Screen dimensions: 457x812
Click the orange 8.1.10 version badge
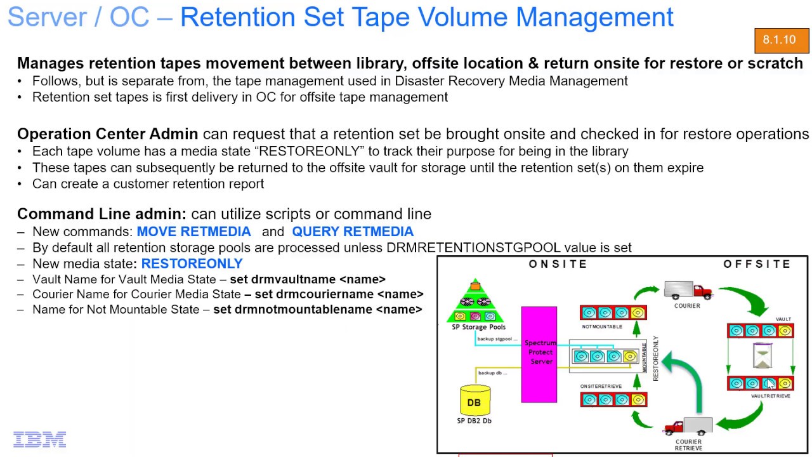[782, 41]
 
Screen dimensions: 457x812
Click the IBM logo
[39, 439]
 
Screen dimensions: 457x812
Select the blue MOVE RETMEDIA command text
[193, 232]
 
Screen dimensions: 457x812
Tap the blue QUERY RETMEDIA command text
[353, 232]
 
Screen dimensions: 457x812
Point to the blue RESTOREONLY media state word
[192, 263]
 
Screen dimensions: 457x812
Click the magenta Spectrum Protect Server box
[539, 354]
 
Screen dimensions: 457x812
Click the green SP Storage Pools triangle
[476, 303]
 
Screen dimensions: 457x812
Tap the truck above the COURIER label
[688, 291]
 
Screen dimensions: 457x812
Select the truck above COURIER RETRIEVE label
[688, 427]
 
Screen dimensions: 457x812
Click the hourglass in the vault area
[761, 356]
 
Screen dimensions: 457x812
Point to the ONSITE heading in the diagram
[558, 264]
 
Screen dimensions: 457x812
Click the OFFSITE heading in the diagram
[757, 264]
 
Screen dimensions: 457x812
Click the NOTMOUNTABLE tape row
[613, 312]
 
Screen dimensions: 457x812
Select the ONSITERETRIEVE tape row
[613, 399]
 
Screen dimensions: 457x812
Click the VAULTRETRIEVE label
[770, 395]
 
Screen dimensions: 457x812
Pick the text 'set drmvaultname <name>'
[308, 279]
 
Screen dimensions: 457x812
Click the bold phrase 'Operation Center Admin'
[107, 134]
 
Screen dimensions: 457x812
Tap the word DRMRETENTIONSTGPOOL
[473, 248]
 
